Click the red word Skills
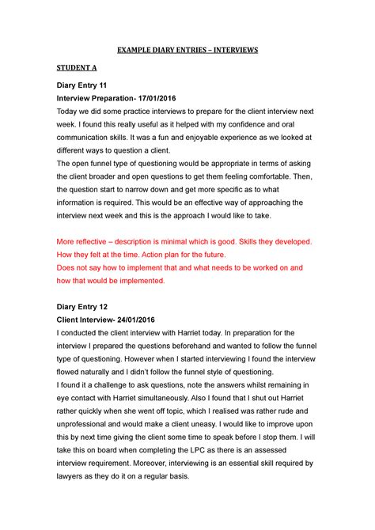[248, 240]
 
